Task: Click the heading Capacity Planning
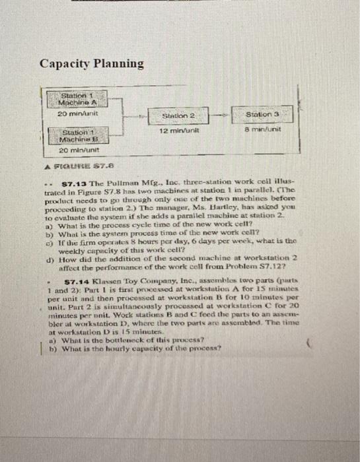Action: (91, 63)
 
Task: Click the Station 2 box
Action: (178, 116)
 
